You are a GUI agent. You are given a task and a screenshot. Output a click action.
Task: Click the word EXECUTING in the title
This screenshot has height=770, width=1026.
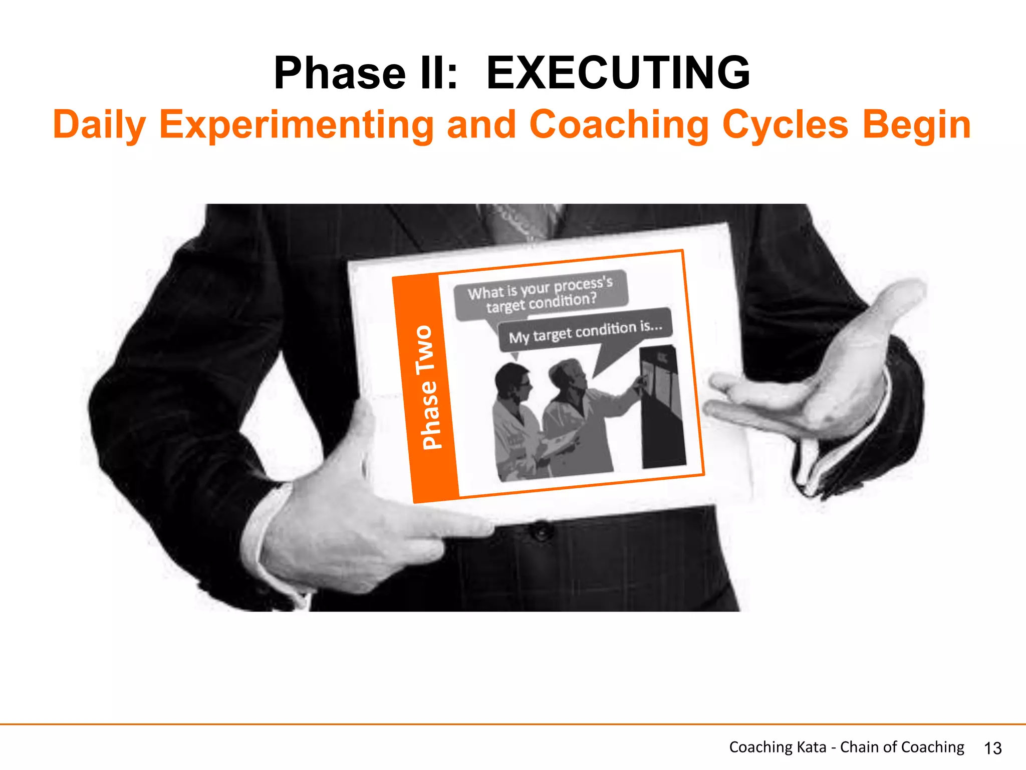618,74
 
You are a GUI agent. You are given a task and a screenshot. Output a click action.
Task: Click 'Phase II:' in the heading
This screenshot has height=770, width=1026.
366,74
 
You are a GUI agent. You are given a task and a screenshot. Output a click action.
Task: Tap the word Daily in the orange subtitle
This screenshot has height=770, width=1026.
99,125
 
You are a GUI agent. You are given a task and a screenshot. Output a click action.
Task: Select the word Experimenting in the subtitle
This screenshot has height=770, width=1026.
296,125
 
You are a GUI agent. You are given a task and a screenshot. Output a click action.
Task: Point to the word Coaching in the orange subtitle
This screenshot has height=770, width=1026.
619,125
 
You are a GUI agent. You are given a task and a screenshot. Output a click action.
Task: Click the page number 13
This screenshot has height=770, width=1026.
992,748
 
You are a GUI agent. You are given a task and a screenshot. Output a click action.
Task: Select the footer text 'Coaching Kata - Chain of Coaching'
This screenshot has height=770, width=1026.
846,747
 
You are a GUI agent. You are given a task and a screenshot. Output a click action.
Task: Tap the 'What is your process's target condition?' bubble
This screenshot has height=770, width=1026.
540,295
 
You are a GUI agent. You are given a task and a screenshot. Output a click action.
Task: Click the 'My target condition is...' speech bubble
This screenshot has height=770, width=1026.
585,331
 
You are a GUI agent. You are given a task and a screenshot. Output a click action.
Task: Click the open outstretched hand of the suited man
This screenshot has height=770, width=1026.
822,381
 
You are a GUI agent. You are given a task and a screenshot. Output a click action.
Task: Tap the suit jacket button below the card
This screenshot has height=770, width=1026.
542,530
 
